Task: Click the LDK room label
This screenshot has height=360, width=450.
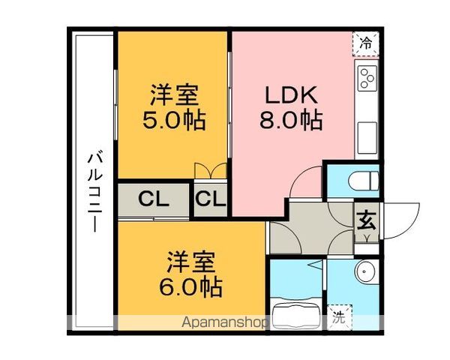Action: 292,96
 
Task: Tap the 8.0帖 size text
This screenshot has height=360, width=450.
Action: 292,120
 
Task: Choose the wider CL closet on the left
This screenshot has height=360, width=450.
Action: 153,200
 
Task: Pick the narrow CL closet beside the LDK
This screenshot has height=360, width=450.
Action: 211,200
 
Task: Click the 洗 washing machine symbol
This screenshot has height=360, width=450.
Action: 339,316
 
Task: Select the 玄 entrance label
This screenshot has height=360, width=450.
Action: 366,220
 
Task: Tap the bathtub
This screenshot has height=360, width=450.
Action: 297,313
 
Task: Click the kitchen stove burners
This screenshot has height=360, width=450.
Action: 367,78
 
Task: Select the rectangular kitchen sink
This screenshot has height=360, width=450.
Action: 367,139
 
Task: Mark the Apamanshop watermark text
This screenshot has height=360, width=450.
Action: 225,323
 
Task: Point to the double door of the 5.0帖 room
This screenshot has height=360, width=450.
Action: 211,171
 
